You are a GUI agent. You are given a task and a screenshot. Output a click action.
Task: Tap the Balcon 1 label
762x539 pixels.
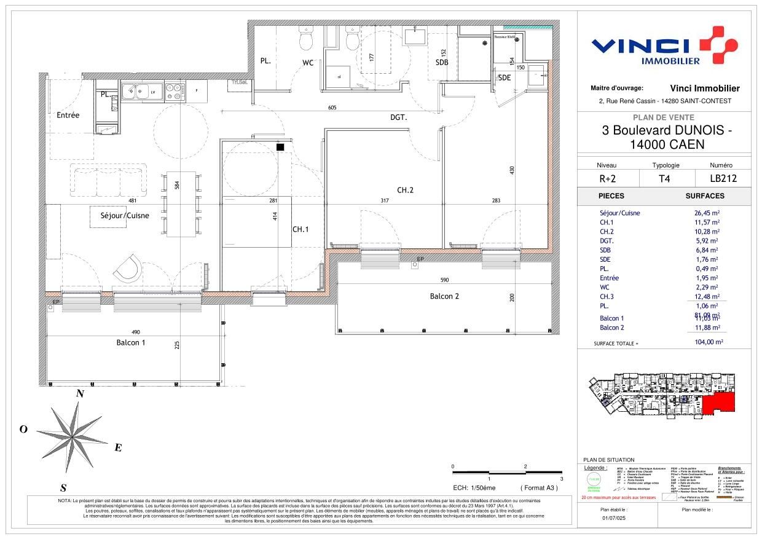tap(131, 343)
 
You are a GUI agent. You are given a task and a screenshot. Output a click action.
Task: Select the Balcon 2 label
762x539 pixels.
tap(444, 296)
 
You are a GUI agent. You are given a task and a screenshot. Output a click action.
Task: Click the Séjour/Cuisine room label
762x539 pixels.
tap(125, 216)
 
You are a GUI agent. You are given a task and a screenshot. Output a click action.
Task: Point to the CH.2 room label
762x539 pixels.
tap(405, 191)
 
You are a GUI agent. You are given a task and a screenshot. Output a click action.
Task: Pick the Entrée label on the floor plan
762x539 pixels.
tap(68, 115)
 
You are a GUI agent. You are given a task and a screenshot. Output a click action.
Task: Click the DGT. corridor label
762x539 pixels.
tap(399, 117)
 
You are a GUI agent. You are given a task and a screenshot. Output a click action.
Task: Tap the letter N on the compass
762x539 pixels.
tap(79, 395)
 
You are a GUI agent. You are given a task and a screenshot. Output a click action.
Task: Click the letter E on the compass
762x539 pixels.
tap(118, 447)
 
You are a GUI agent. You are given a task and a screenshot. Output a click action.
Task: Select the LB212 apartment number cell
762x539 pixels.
tap(723, 179)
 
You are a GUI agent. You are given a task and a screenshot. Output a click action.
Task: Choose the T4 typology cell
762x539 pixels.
tap(665, 179)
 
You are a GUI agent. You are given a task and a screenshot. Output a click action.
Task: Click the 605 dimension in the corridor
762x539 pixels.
tap(332, 108)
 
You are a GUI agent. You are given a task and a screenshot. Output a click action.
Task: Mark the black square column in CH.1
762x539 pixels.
tap(280, 147)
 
